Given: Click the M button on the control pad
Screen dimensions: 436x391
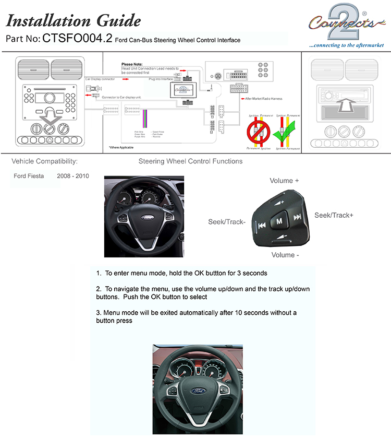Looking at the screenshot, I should (x=279, y=221).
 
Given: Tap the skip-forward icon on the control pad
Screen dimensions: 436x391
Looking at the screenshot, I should (x=297, y=217).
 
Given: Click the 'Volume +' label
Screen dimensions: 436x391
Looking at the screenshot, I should (x=284, y=181).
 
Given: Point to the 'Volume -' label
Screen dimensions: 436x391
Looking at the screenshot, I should (x=285, y=255).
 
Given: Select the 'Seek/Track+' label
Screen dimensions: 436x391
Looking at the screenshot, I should (x=334, y=215).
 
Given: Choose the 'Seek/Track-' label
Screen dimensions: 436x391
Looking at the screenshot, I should (x=226, y=222).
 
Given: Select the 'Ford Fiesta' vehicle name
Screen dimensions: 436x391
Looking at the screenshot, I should (x=29, y=176).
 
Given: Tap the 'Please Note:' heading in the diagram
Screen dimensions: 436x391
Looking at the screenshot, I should (x=132, y=64).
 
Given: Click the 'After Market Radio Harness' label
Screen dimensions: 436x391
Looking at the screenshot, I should (x=265, y=98).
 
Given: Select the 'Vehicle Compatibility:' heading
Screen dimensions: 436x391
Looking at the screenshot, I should (x=44, y=161).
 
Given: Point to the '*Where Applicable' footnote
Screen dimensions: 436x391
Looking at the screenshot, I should (x=121, y=148).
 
